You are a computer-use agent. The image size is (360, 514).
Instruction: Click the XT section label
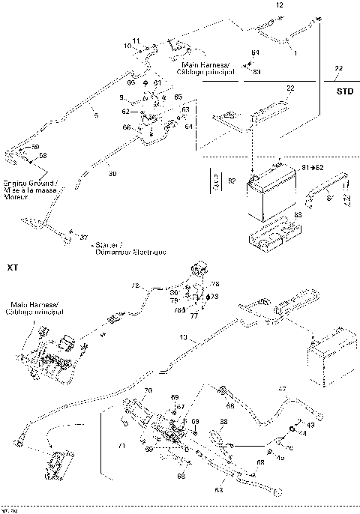11,267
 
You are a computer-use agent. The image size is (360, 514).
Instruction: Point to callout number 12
280,5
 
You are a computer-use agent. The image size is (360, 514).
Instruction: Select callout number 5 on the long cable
95,115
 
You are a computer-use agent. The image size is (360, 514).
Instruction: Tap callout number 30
112,173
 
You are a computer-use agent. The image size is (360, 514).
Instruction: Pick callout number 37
84,238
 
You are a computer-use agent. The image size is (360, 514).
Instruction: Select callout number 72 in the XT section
136,285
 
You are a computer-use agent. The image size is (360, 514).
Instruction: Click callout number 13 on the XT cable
184,338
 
